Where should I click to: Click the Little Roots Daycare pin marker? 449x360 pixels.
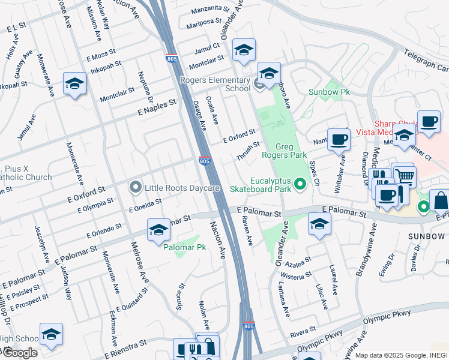[x=136, y=188]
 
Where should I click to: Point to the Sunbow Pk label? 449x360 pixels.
[x=328, y=92]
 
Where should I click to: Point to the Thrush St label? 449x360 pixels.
[x=248, y=151]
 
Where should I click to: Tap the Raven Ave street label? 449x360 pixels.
[x=247, y=230]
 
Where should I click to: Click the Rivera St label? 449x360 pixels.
[x=303, y=330]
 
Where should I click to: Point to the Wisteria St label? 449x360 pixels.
[x=297, y=276]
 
